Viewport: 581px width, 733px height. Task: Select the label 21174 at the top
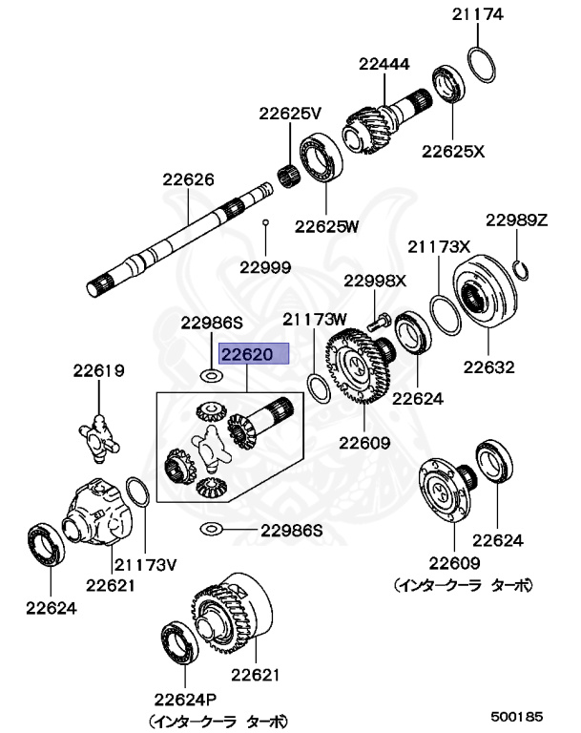478,14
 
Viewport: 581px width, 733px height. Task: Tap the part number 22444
384,65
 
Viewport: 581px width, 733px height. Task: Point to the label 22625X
454,150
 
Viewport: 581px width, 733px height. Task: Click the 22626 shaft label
188,178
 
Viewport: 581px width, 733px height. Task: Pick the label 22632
488,366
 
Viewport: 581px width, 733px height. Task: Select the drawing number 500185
517,714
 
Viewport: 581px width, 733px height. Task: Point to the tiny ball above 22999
266,221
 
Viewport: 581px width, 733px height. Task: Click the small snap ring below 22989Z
521,267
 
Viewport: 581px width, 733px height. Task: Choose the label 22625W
326,226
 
